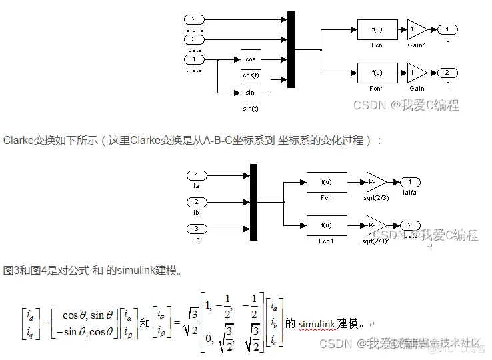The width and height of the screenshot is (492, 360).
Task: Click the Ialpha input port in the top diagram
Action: [194, 19]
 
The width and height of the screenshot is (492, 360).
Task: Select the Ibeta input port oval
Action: [194, 39]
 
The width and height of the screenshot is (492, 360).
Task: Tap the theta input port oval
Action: [194, 60]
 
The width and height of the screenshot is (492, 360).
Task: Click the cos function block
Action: [251, 59]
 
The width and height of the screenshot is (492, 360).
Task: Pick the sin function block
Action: [251, 91]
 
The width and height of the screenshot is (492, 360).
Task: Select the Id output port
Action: [447, 29]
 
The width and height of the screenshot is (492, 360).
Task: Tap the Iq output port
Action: [447, 72]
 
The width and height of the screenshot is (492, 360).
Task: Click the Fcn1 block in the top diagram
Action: [377, 72]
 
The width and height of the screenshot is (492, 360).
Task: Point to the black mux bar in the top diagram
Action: [291, 49]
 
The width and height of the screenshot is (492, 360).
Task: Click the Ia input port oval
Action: [197, 175]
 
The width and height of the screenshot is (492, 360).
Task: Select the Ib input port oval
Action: [197, 201]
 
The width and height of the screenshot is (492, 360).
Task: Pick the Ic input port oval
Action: [197, 229]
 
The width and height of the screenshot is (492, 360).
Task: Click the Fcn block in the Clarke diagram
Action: [327, 182]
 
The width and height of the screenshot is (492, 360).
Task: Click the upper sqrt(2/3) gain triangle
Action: [375, 182]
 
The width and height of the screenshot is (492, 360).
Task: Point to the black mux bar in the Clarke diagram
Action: [253, 202]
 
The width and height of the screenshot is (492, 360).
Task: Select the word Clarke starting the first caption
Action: [17, 140]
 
